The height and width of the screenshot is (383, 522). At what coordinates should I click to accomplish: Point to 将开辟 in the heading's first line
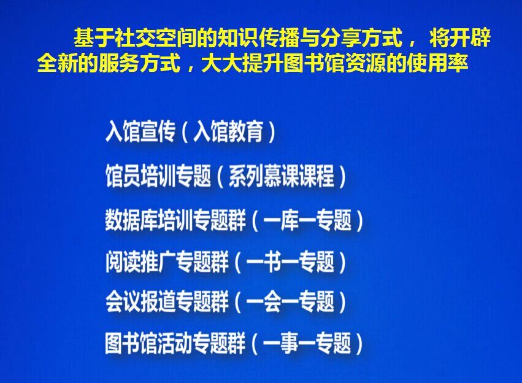tap(460, 37)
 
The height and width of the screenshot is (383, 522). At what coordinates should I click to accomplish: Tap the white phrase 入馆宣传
tap(140, 131)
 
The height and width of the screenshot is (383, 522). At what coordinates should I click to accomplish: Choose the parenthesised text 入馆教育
tap(228, 131)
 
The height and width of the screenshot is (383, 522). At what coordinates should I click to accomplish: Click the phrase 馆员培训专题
tap(158, 176)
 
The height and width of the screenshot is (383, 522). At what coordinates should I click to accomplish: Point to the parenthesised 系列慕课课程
tap(281, 176)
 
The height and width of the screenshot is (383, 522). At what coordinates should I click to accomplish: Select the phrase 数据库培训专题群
tap(175, 220)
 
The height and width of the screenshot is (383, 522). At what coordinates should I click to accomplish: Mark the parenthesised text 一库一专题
tap(307, 220)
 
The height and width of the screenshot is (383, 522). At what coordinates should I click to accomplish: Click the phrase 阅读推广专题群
tap(167, 261)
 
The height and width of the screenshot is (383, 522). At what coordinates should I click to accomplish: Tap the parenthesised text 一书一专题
tap(290, 261)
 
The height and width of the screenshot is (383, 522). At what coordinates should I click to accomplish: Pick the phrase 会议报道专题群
tap(167, 301)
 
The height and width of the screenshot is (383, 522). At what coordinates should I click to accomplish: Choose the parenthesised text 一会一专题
tap(290, 301)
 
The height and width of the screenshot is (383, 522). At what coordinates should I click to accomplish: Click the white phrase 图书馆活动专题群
tap(175, 343)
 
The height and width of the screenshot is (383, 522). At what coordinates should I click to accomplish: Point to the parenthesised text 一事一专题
tap(307, 343)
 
